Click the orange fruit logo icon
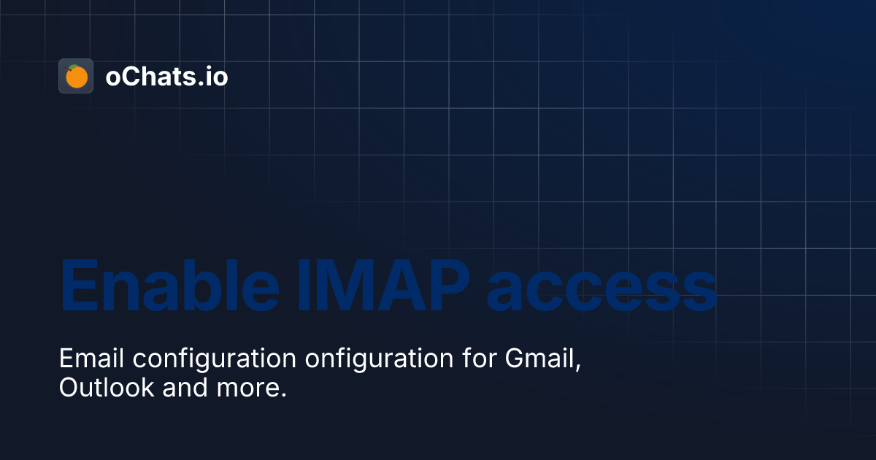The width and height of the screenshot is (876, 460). click(76, 76)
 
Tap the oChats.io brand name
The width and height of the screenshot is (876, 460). click(166, 76)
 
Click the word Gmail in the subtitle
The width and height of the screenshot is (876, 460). click(540, 359)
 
